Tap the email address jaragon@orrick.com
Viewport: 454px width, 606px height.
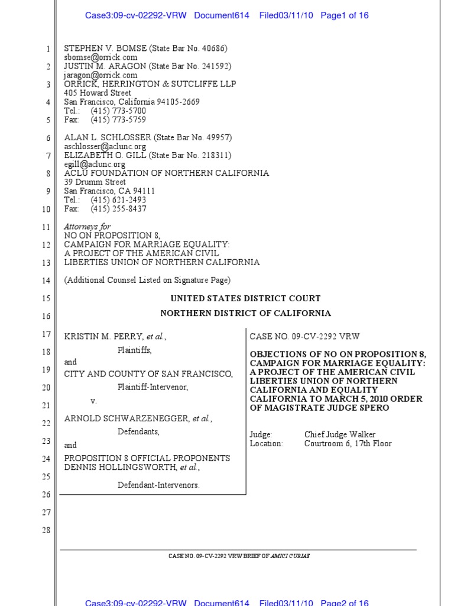[x=100, y=75]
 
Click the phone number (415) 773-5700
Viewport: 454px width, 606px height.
[x=118, y=111]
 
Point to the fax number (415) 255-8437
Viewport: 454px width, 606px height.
[x=118, y=209]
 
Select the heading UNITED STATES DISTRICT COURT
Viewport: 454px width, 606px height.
[x=245, y=299]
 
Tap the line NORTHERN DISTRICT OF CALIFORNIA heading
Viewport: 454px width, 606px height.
[x=245, y=314]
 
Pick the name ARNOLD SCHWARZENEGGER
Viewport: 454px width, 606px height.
[x=127, y=419]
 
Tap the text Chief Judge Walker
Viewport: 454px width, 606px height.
[x=339, y=434]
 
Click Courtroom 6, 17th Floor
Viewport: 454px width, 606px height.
[x=348, y=443]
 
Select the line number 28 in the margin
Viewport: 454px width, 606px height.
[x=46, y=530]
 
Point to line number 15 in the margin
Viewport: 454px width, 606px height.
[x=46, y=299]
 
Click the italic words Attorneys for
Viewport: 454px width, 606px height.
[x=87, y=227]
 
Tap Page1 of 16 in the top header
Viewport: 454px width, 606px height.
[x=344, y=15]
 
